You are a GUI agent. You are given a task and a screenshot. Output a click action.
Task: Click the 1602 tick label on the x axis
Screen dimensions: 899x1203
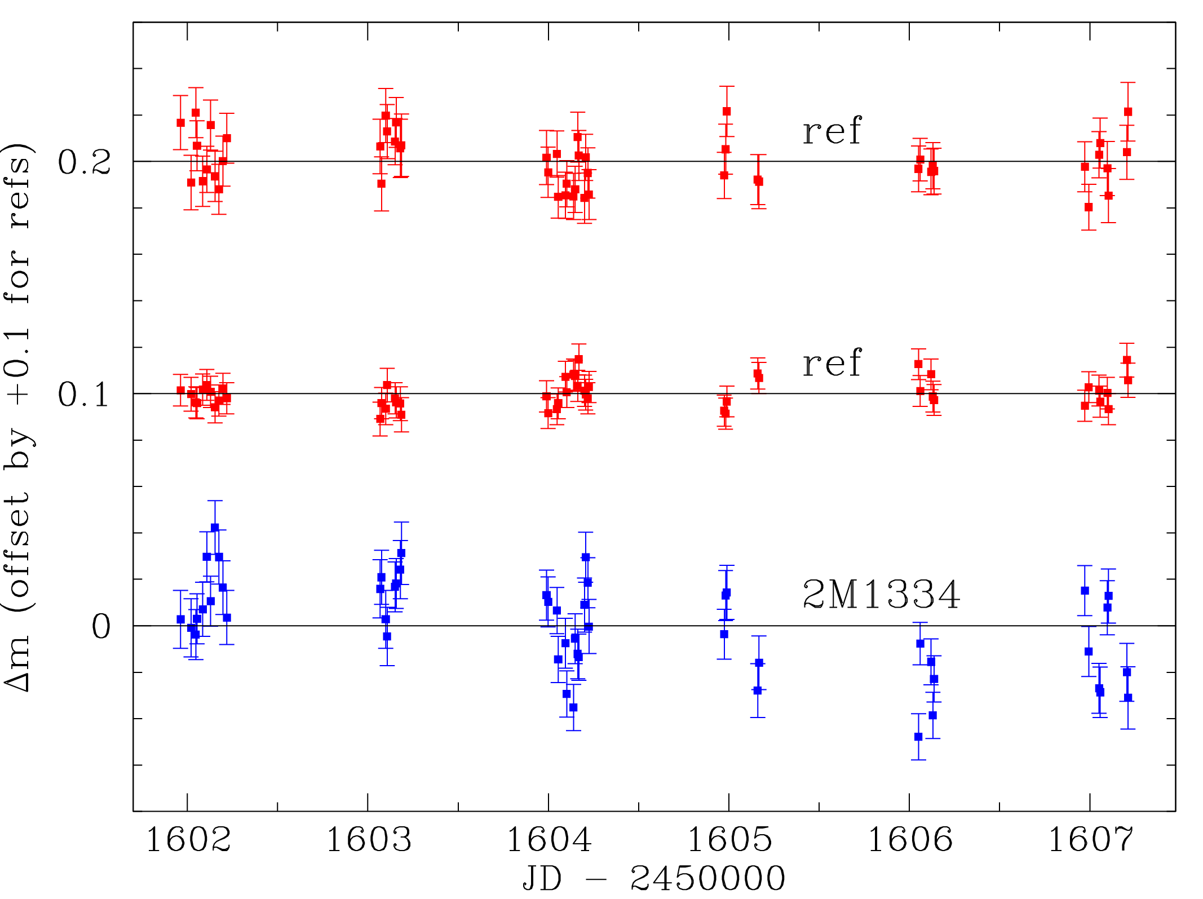(188, 840)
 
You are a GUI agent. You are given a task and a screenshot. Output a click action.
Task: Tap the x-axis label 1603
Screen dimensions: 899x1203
(369, 840)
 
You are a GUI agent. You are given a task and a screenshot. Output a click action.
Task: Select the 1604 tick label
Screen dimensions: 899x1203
(549, 840)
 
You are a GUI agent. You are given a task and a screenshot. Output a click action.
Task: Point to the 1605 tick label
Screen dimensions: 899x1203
(729, 840)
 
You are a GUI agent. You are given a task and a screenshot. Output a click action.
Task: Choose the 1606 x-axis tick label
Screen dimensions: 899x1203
(910, 840)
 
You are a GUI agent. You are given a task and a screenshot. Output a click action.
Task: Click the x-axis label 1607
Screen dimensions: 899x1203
(1090, 840)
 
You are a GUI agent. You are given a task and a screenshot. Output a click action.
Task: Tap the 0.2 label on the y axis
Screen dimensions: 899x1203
(85, 162)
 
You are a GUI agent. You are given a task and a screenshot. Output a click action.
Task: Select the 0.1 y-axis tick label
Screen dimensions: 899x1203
(83, 395)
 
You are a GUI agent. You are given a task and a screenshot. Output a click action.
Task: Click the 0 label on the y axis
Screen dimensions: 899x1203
(101, 627)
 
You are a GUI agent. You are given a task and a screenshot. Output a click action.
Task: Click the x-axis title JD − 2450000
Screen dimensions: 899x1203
(654, 878)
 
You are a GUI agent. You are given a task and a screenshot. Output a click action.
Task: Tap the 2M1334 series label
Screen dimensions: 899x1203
(881, 595)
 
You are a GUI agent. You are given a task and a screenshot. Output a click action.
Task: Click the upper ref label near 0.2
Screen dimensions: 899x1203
(832, 131)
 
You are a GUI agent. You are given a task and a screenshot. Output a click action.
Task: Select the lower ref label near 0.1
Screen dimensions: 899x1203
(832, 363)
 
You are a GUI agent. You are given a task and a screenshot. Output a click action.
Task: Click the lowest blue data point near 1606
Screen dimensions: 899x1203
(918, 737)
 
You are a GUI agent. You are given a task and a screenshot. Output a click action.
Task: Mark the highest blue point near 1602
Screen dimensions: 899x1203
(215, 528)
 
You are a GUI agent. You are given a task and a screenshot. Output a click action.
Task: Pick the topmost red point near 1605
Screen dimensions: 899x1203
(727, 112)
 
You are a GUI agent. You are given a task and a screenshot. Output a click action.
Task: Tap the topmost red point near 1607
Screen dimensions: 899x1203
(1127, 112)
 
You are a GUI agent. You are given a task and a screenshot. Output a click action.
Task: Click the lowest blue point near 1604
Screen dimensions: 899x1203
(573, 707)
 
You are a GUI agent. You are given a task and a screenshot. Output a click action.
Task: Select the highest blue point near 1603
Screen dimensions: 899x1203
(401, 553)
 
